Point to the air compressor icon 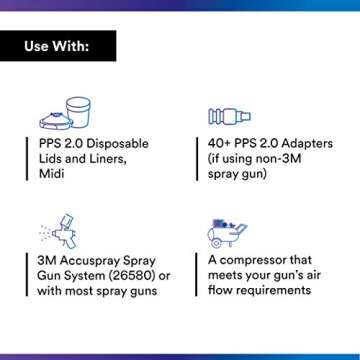pos(227,232)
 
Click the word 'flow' pos(222,291)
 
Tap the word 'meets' pos(230,275)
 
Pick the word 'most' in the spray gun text pos(86,291)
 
